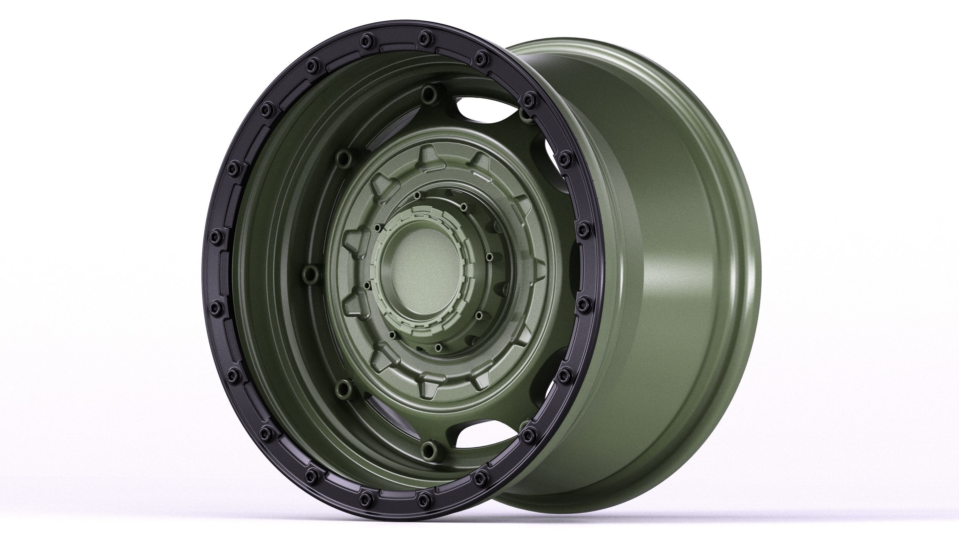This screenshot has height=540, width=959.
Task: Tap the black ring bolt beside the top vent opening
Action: click(x=528, y=99)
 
